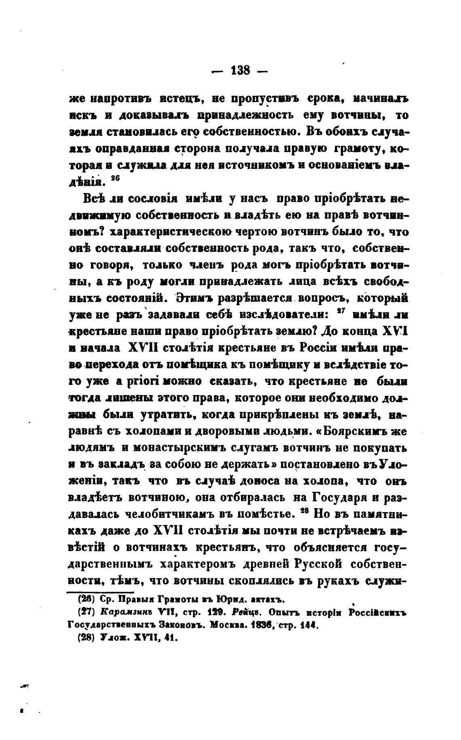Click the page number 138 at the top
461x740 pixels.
(240, 71)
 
